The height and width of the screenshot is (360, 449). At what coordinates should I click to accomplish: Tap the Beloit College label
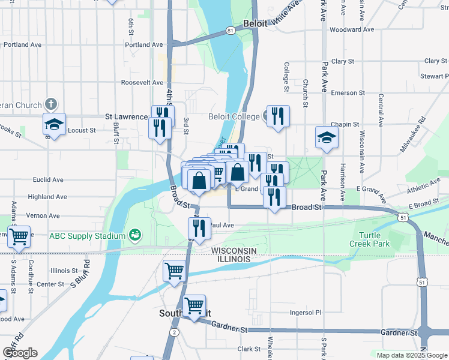click(234, 117)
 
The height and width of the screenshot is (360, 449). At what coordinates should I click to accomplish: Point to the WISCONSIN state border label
click(234, 250)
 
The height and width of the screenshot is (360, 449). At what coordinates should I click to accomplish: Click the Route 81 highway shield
click(231, 29)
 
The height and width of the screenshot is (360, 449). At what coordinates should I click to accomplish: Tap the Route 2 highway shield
click(174, 332)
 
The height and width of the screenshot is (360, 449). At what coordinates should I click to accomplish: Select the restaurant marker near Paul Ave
click(199, 227)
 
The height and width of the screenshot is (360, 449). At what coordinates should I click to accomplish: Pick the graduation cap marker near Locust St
click(54, 125)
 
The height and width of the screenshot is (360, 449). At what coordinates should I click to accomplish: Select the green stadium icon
click(135, 234)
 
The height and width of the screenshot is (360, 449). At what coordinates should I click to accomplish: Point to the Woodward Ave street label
click(352, 29)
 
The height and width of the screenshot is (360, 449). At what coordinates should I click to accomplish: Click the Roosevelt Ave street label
click(142, 82)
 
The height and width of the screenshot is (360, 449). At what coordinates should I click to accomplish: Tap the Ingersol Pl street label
click(306, 313)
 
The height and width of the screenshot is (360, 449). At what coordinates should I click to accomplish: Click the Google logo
click(20, 353)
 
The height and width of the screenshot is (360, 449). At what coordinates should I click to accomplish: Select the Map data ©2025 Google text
click(411, 355)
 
